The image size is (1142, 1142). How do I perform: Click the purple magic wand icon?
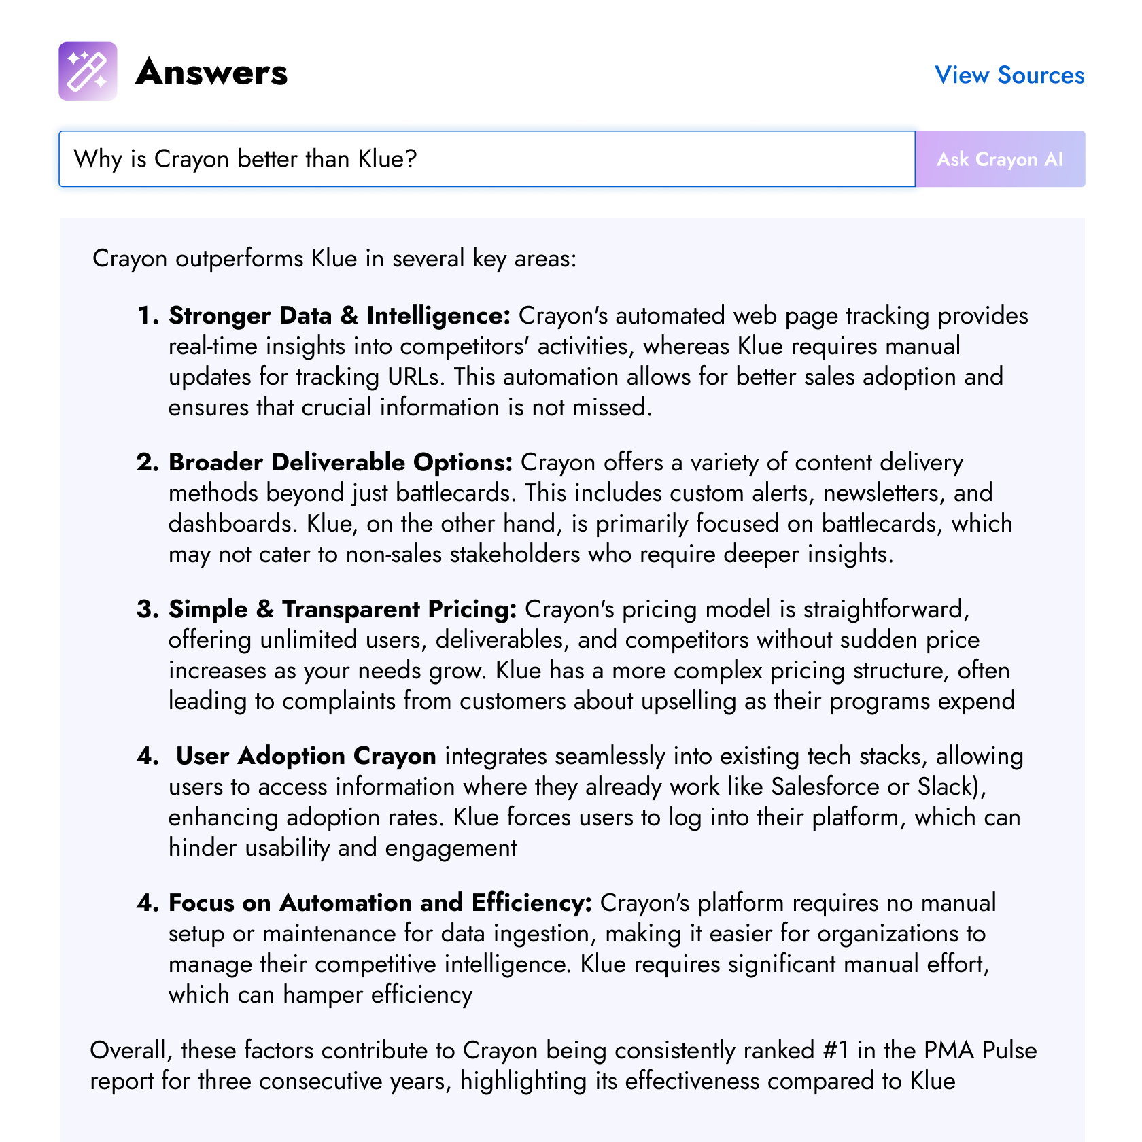click(88, 71)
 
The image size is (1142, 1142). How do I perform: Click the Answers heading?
click(211, 72)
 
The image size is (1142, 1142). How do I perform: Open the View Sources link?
click(1009, 75)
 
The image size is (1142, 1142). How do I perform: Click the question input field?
click(487, 159)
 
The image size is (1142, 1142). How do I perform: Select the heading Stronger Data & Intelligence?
click(339, 315)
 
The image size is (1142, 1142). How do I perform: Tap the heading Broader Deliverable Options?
click(341, 462)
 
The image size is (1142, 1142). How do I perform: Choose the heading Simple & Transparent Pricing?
click(343, 609)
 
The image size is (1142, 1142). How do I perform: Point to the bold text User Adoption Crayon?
click(306, 756)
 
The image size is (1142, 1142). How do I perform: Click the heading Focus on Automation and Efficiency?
click(380, 903)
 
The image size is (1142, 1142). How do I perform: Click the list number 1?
click(146, 315)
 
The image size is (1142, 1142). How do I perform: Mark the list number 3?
click(146, 609)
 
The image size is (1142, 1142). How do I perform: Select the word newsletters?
click(884, 493)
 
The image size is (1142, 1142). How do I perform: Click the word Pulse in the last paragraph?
click(1009, 1050)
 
